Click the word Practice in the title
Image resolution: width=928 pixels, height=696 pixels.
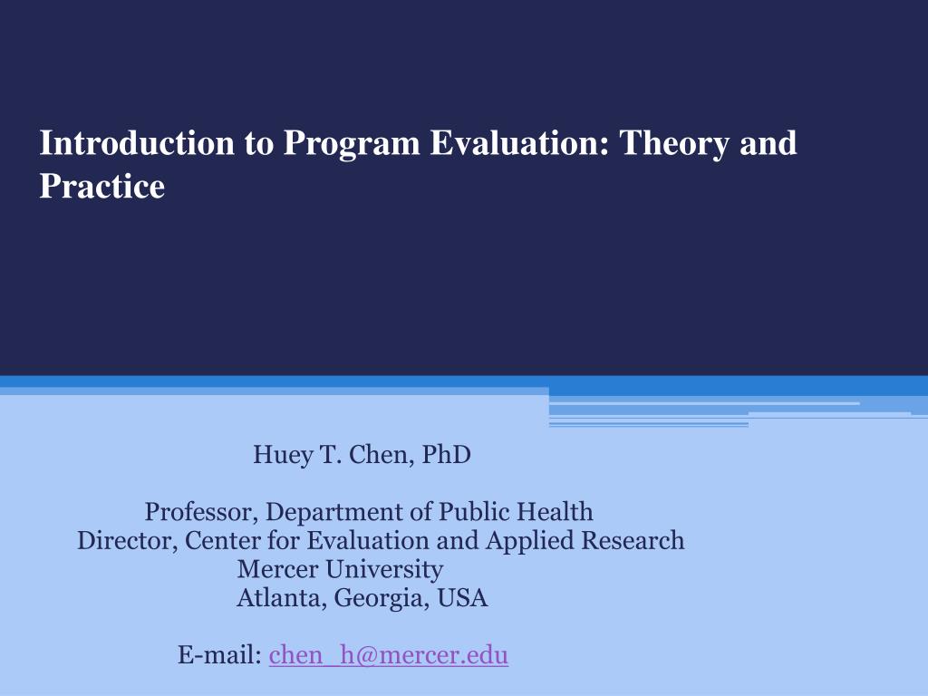pos(101,186)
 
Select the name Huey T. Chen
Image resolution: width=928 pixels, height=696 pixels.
pos(333,454)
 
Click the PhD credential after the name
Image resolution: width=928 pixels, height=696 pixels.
pos(447,454)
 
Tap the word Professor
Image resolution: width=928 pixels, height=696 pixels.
pos(200,512)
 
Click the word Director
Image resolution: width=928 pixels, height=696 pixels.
pos(127,541)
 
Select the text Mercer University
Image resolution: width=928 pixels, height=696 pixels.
pos(340,570)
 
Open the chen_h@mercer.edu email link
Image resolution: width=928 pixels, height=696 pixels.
pos(389,655)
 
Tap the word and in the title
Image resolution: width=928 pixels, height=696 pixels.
pos(768,143)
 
